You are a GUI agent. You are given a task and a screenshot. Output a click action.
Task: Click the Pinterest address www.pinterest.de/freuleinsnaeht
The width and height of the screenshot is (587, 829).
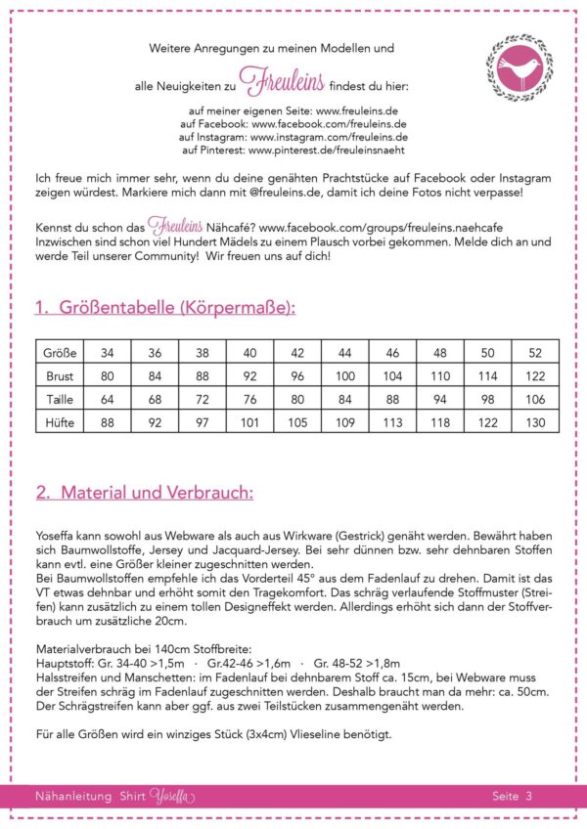(327, 152)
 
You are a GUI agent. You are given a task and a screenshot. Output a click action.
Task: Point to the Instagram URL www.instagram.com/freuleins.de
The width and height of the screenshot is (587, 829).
(329, 139)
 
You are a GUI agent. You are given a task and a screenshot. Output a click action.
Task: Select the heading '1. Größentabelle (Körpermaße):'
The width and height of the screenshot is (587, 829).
(164, 308)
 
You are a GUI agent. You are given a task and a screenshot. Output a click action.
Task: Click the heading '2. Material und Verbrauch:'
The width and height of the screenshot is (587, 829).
(144, 493)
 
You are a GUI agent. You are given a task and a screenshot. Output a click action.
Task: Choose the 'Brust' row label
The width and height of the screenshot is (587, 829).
(61, 375)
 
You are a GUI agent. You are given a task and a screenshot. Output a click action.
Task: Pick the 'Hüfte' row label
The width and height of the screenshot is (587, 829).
(61, 422)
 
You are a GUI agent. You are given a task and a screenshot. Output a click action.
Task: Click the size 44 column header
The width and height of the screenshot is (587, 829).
(345, 352)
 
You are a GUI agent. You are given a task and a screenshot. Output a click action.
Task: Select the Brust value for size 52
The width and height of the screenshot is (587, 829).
(535, 375)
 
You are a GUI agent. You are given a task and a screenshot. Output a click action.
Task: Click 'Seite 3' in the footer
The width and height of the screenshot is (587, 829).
(513, 796)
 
